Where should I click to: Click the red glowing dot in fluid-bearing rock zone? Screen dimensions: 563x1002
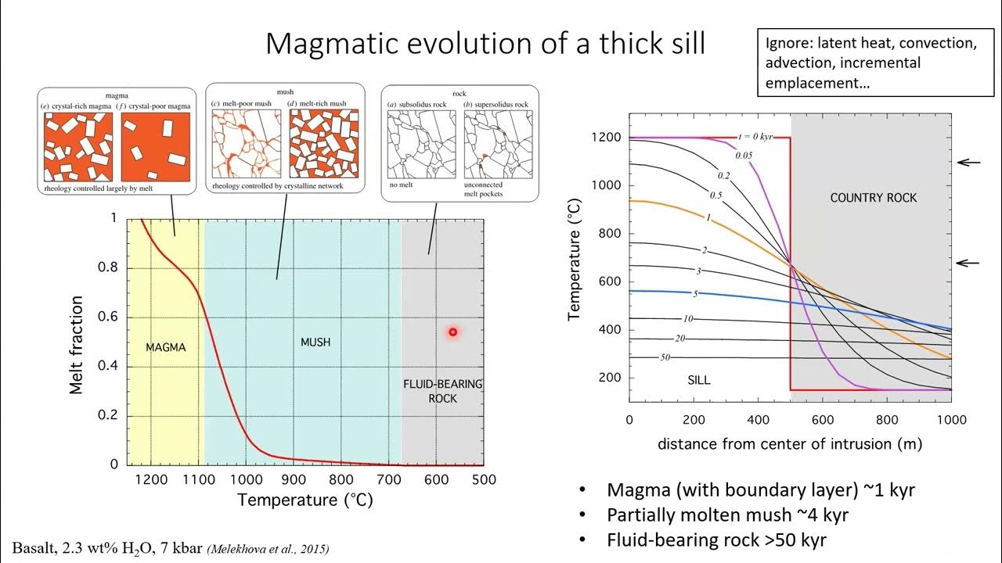tap(452, 332)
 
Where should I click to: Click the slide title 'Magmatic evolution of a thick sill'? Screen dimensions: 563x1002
tap(485, 43)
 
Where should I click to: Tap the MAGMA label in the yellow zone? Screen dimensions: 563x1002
tap(166, 347)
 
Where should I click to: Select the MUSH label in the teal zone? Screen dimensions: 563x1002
tap(315, 342)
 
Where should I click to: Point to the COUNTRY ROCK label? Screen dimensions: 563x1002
tap(873, 198)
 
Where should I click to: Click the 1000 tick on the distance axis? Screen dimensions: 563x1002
tap(950, 420)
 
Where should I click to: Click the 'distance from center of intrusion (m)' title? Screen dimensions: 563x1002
tap(789, 444)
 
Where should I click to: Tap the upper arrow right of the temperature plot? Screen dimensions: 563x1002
tap(968, 163)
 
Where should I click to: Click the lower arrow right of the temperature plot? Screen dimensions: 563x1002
tap(968, 263)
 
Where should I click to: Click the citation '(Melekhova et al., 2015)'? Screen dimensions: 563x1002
tap(268, 550)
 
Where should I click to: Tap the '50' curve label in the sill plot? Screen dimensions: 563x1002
tap(665, 357)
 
